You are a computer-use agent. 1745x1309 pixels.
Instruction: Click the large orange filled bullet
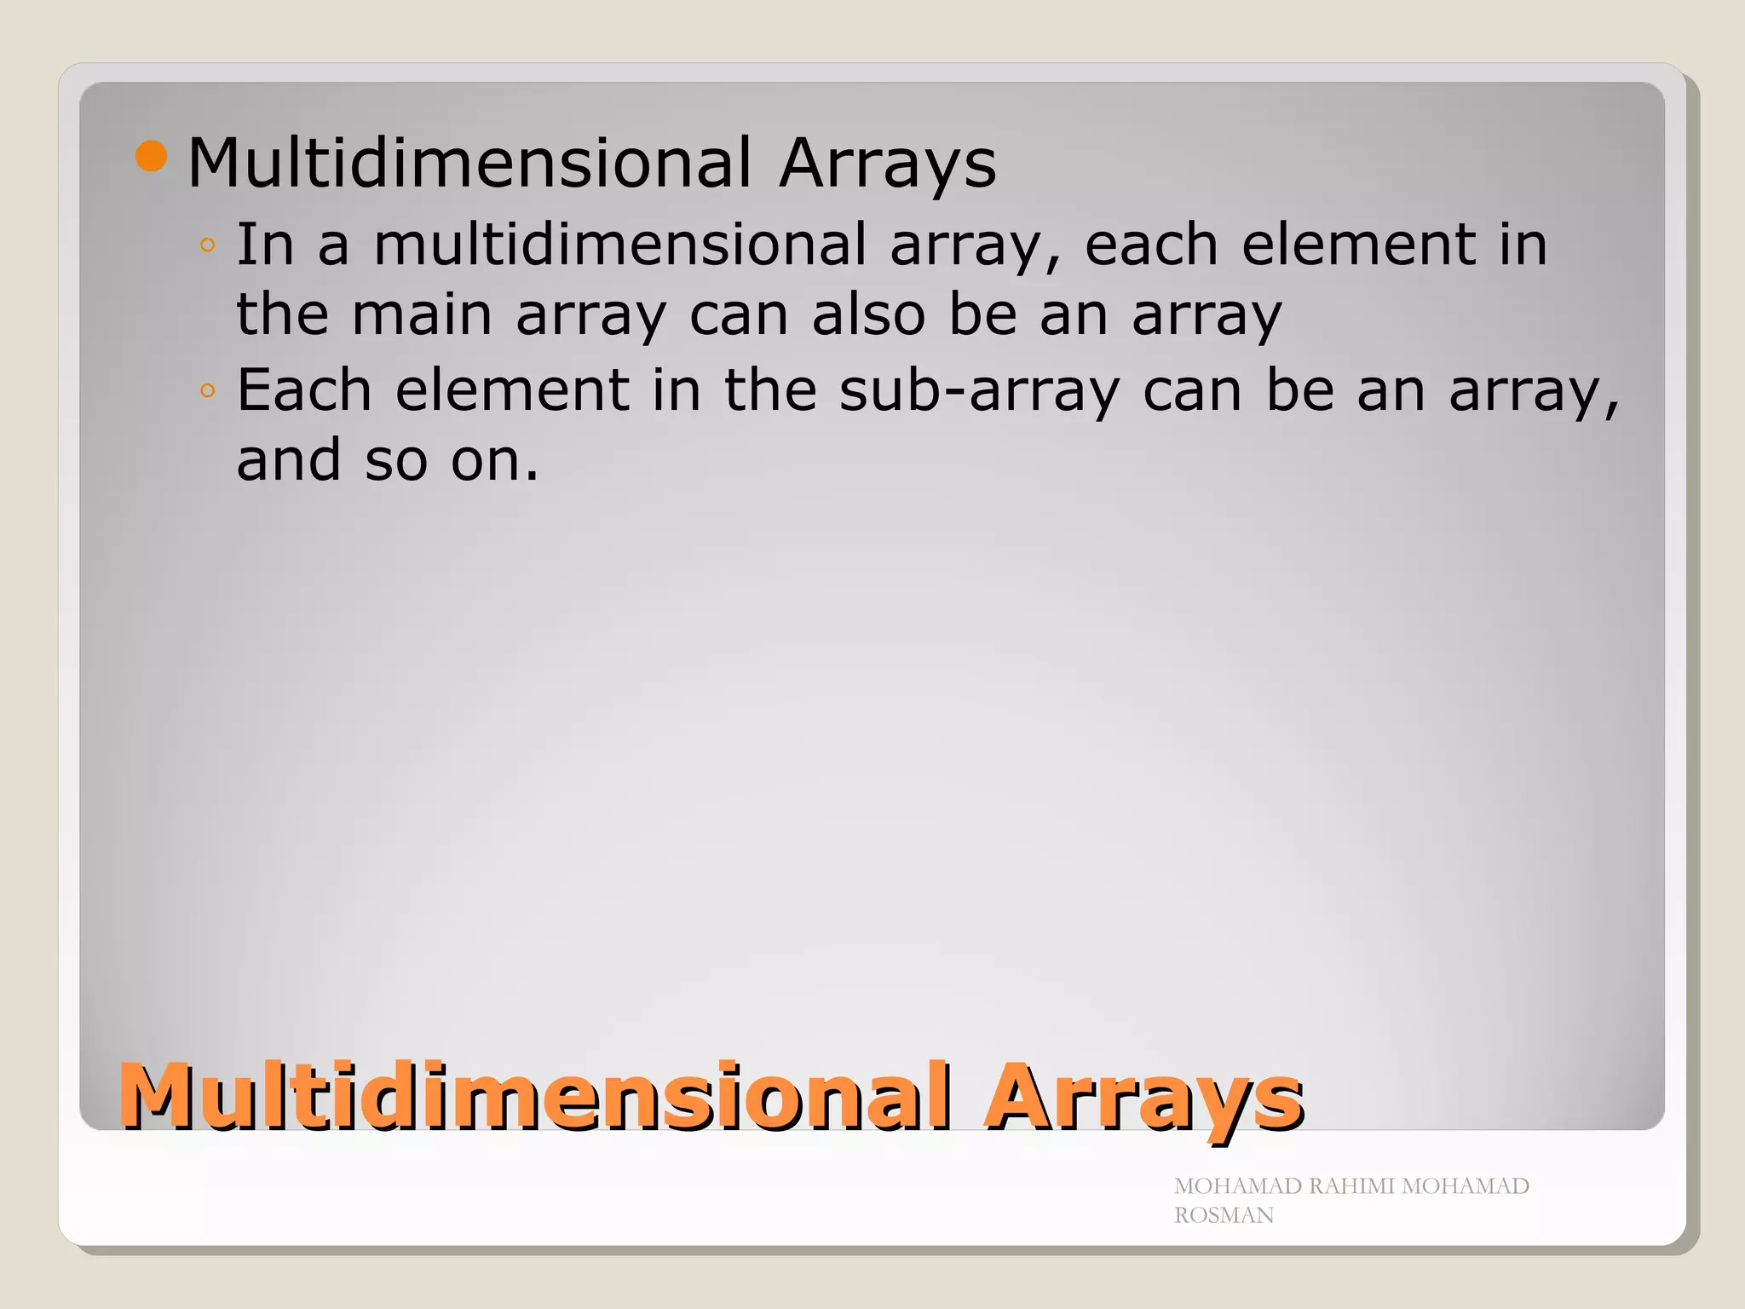coord(151,157)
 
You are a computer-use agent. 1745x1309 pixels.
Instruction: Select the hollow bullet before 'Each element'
coord(207,391)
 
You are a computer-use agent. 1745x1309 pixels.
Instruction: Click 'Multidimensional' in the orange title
coord(534,1097)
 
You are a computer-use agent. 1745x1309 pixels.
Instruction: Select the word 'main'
coord(422,314)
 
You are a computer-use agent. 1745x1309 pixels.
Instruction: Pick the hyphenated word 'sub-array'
coord(979,391)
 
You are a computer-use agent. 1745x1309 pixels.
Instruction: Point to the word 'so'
coord(396,461)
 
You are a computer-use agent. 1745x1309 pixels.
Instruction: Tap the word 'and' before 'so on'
coord(289,460)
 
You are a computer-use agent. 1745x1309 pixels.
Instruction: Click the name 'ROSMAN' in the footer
coord(1224,1215)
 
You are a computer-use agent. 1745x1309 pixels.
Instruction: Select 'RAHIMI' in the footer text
coord(1353,1186)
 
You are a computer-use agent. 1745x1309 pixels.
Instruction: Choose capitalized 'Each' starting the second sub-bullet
coord(304,390)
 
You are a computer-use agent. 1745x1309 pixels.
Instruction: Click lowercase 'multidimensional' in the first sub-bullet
coord(620,245)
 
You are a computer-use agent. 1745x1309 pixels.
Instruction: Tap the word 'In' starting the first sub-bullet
coord(265,245)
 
